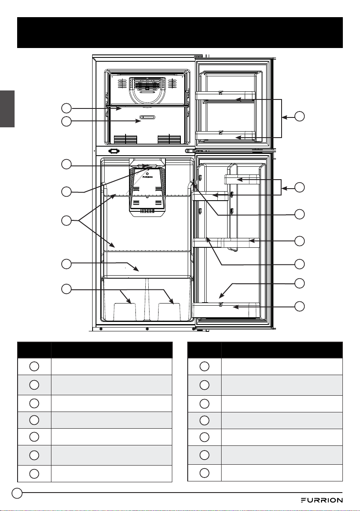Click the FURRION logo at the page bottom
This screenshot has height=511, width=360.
tap(321, 500)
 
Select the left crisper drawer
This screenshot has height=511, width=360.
tap(124, 299)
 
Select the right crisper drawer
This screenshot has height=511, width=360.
tap(169, 299)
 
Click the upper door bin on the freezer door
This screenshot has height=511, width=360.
tap(225, 95)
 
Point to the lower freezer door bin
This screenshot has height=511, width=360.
tap(225, 135)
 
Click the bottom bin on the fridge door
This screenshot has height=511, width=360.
tap(226, 310)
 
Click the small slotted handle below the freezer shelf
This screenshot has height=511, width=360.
tap(148, 117)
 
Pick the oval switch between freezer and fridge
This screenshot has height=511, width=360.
tap(114, 151)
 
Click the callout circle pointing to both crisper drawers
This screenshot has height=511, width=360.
tap(66, 289)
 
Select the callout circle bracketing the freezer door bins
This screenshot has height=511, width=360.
tap(300, 116)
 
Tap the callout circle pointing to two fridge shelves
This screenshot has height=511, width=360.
tap(66, 220)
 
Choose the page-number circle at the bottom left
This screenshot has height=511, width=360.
tap(17, 493)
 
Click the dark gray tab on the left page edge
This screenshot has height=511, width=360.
tap(7, 109)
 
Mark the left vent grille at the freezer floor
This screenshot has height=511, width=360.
tap(126, 139)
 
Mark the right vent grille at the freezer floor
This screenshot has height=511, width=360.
tap(169, 139)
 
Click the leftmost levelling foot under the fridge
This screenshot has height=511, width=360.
tap(101, 329)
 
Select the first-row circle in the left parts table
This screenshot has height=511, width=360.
tap(34, 366)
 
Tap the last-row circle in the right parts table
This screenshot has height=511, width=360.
tap(204, 473)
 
